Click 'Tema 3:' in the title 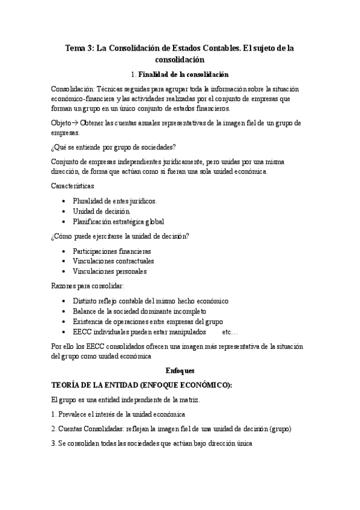coord(81,48)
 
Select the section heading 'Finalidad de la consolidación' coord(183,75)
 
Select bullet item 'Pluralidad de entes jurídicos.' coord(115,201)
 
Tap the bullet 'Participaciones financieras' coord(112,251)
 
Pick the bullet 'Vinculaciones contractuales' coord(113,261)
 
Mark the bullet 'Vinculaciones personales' coord(109,271)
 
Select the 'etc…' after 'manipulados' coord(230,331)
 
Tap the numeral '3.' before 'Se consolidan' coord(54,443)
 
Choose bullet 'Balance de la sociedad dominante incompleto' coord(139,311)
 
